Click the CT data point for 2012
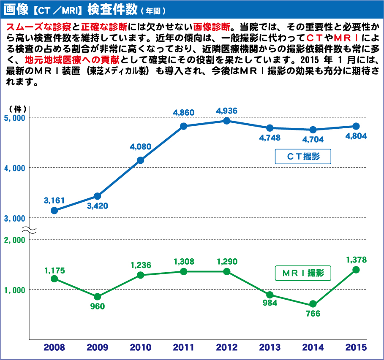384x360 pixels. tap(227, 121)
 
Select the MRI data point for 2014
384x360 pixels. tap(313, 304)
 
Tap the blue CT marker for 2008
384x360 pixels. tap(54, 210)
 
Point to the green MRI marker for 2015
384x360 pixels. tap(356, 270)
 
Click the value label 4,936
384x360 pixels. tap(227, 111)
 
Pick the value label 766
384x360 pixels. tap(313, 314)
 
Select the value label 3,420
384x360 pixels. tap(97, 206)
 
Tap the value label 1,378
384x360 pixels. tap(356, 260)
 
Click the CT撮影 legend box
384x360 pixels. tap(302, 157)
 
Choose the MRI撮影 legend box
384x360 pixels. tap(302, 273)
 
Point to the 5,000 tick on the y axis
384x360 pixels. tap(15, 117)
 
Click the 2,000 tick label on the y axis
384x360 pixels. tap(15, 239)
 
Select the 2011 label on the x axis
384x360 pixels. tap(183, 347)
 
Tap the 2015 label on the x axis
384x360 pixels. tap(356, 347)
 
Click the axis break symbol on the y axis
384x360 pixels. tap(29, 230)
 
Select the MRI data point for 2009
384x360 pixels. tap(97, 297)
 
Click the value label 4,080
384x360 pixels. tap(140, 147)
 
